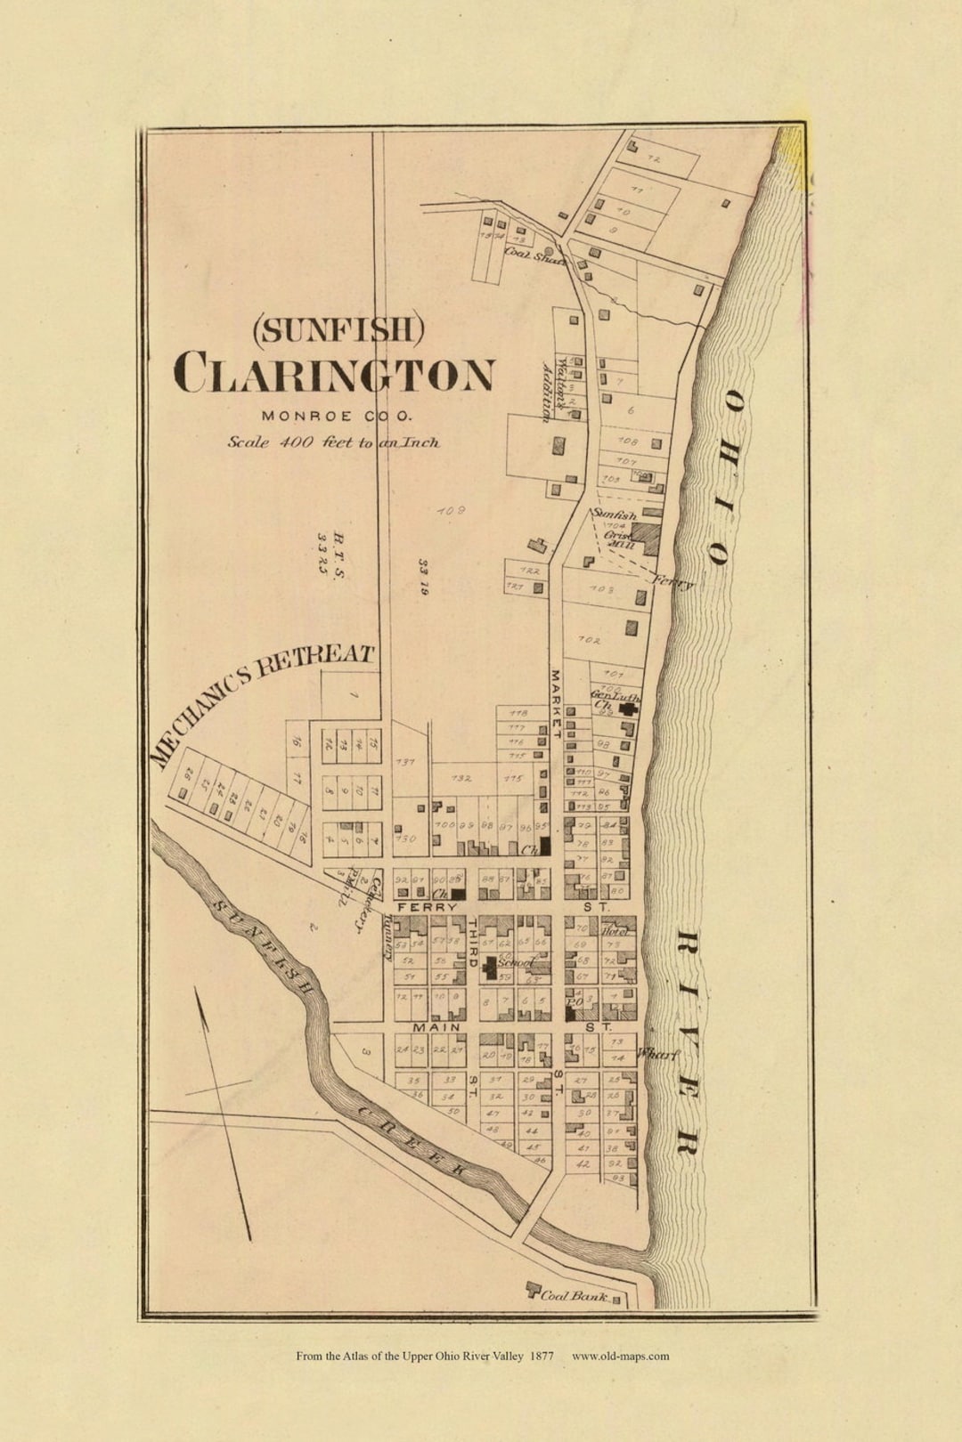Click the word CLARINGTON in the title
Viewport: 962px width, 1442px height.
tap(334, 373)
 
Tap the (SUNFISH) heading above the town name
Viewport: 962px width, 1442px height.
tap(338, 330)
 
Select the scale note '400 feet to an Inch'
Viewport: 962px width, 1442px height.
tap(333, 442)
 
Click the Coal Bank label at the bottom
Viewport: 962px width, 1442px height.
tap(575, 1296)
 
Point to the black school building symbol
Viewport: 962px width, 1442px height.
tap(489, 968)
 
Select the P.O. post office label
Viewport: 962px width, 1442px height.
tap(574, 1002)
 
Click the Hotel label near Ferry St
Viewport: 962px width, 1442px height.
tap(616, 931)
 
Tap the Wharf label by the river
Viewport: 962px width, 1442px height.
tap(657, 1054)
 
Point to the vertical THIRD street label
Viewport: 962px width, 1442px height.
tap(473, 944)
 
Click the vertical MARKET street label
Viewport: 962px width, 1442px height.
tap(554, 703)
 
